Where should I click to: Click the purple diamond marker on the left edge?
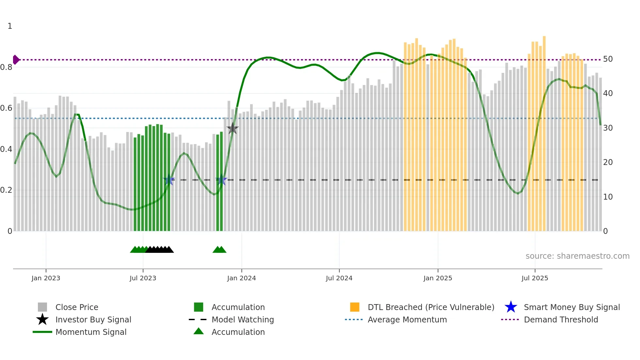point(16,60)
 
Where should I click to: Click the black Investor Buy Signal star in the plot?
point(232,128)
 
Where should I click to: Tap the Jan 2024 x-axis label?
point(241,278)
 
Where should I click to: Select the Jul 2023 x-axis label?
point(143,278)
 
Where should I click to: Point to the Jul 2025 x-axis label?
point(535,278)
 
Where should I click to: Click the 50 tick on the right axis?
point(608,59)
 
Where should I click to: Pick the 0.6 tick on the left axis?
point(7,108)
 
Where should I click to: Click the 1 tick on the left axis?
point(10,26)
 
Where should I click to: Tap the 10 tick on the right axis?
point(608,197)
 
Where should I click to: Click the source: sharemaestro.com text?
point(577,256)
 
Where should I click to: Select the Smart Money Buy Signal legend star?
point(511,307)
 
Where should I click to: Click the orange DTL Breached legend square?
point(355,307)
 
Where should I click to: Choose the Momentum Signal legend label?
point(91,332)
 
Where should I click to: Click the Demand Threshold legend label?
point(561,319)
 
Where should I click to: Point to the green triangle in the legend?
point(199,331)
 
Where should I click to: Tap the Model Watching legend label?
point(243,319)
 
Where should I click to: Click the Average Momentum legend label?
point(407,319)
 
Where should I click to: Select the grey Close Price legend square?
point(42,307)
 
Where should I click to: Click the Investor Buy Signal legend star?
point(42,319)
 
